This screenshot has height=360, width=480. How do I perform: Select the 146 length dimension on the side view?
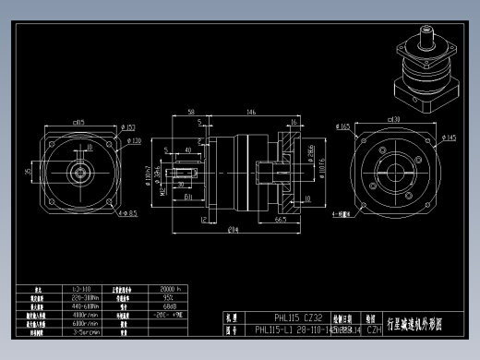tap(251, 112)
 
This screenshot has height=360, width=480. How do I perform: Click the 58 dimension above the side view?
tap(190, 112)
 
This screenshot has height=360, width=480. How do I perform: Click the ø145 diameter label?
tap(450, 139)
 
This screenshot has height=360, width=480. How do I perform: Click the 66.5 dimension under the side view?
tap(280, 220)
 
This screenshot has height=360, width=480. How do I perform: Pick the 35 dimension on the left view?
tap(28, 170)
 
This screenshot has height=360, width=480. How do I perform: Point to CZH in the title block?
tap(374, 329)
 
